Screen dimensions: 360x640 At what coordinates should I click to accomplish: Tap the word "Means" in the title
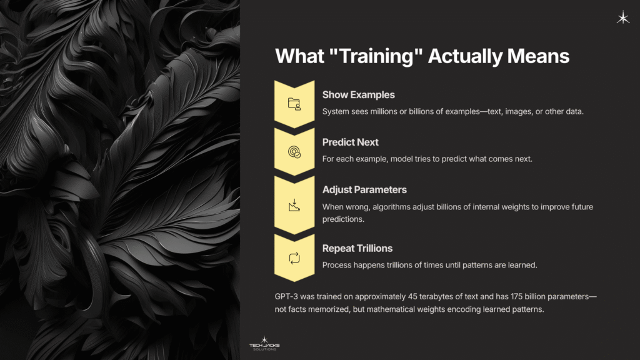[x=537, y=56]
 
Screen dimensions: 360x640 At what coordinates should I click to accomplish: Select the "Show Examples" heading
[x=358, y=95]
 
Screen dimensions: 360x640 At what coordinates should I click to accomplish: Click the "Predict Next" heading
[x=351, y=142]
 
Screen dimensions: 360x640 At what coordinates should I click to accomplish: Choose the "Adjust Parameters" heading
[x=364, y=190]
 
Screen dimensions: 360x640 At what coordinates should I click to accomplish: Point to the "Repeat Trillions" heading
[x=357, y=248]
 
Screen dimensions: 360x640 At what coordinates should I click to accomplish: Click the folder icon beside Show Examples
[x=294, y=104]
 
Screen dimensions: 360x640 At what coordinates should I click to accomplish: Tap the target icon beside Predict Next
[x=294, y=151]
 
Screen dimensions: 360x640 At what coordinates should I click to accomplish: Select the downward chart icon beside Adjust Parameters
[x=294, y=204]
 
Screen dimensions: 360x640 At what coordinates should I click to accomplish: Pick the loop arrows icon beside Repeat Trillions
[x=294, y=257]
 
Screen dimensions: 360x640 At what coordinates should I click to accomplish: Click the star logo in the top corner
[x=622, y=18]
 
